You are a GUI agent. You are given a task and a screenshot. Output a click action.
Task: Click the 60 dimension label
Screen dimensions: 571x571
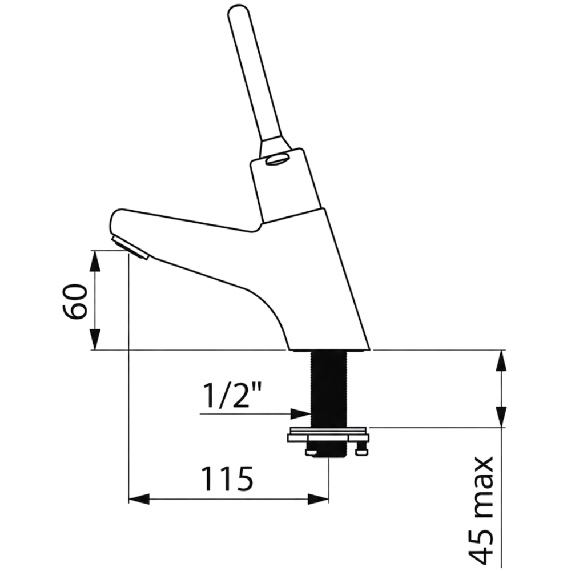coord(75,301)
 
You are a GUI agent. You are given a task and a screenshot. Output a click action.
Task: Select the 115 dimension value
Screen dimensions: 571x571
coord(228,478)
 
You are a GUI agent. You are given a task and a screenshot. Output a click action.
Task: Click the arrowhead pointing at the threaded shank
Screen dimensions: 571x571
coord(300,413)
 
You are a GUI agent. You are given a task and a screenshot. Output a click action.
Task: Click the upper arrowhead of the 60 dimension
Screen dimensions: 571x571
coord(95,261)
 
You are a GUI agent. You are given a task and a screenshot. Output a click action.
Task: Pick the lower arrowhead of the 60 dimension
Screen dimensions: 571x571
coord(95,339)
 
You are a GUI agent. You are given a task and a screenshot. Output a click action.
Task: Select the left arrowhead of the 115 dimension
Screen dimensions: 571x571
coord(139,499)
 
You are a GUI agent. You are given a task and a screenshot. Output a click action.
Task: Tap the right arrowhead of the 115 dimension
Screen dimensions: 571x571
coord(319,499)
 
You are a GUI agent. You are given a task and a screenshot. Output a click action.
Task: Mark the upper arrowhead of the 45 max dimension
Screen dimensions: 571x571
coord(502,360)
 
